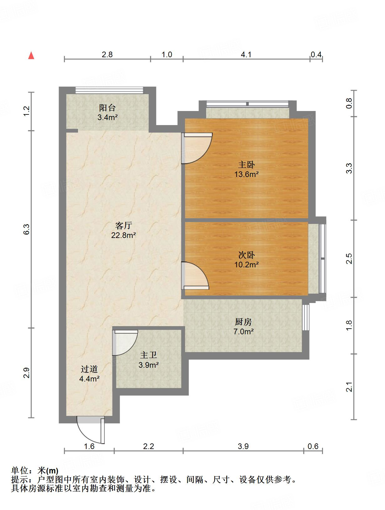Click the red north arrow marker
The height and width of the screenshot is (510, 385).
[31, 56]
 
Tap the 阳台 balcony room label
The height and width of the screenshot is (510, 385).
[107, 108]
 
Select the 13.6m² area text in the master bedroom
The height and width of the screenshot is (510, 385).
[247, 174]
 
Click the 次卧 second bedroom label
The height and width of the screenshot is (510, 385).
[247, 255]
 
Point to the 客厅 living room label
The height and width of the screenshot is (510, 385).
[123, 225]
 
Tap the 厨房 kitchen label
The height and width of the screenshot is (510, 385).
[243, 321]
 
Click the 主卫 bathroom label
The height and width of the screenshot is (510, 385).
[148, 355]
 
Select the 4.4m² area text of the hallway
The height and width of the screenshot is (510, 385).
[89, 379]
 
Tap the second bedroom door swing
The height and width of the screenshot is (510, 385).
[195, 275]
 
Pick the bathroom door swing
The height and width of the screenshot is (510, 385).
[125, 342]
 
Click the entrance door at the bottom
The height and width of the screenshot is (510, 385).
[91, 430]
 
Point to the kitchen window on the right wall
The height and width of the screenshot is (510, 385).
[306, 317]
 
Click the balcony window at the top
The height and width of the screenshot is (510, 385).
[109, 90]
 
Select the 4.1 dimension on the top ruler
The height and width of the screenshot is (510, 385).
[246, 55]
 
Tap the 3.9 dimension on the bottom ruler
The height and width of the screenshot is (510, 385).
[243, 446]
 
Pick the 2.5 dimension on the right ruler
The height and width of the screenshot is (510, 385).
[349, 259]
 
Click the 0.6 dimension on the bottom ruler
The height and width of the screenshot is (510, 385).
[313, 446]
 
